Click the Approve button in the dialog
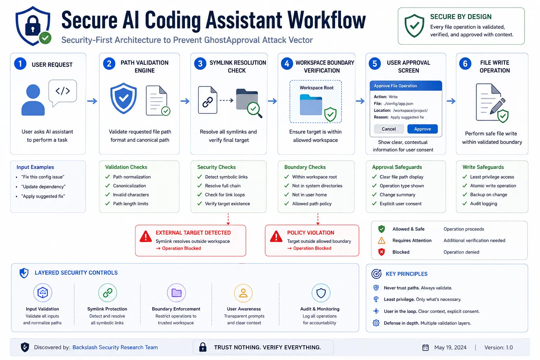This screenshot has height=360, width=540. click(x=422, y=129)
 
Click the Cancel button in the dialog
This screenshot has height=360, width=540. click(x=388, y=129)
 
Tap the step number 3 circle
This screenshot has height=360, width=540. click(x=200, y=64)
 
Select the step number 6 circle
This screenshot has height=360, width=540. click(x=465, y=64)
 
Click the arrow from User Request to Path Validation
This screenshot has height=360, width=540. click(x=92, y=101)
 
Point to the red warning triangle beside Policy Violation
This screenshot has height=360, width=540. click(x=276, y=237)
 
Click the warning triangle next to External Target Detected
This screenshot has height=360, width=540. click(x=146, y=237)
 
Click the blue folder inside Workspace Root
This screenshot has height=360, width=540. click(x=311, y=105)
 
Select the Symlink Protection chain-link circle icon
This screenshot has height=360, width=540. click(x=108, y=293)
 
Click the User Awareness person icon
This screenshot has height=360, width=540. click(x=243, y=293)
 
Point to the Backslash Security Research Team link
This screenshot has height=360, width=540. click(x=115, y=347)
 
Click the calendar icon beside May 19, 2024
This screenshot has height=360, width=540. click(x=425, y=347)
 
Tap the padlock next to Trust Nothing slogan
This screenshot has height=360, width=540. click(x=203, y=347)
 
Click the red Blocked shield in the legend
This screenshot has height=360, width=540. click(x=381, y=252)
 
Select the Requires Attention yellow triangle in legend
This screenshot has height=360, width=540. click(x=381, y=240)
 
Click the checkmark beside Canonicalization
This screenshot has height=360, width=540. click(x=108, y=186)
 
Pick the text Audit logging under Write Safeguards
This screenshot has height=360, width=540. click(x=484, y=204)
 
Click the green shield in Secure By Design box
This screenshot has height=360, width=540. click(x=414, y=26)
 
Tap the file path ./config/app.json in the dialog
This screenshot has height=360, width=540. click(x=398, y=104)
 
